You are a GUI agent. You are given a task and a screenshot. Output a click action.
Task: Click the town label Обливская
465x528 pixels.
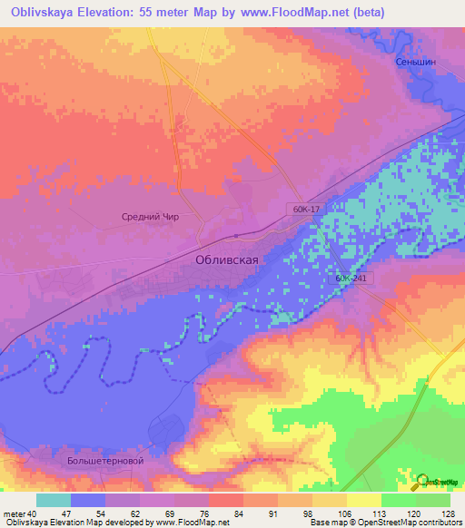228,259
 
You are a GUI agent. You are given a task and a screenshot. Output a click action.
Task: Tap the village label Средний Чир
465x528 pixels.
153,217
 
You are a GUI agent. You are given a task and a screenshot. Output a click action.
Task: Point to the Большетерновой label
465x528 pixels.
105,461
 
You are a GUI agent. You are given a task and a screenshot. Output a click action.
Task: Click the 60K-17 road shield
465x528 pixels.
307,209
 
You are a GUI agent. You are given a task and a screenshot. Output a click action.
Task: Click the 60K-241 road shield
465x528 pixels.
351,279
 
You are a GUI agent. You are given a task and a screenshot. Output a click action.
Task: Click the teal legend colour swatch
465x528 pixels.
54,500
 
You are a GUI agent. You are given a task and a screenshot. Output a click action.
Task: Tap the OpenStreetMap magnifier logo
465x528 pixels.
421,483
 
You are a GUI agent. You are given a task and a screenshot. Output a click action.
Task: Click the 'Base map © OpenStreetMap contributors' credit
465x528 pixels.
385,523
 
